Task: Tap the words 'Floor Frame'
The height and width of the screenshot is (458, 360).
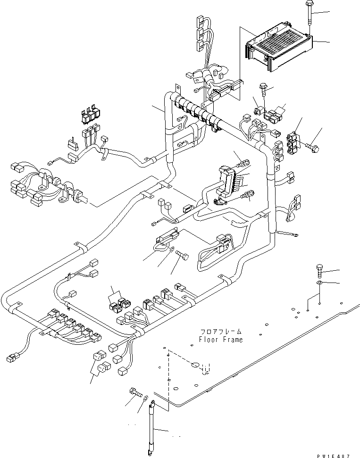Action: click(221, 339)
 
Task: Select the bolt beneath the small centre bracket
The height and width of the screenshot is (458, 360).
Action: click(183, 257)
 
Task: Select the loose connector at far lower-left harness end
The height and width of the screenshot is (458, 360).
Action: click(13, 358)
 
